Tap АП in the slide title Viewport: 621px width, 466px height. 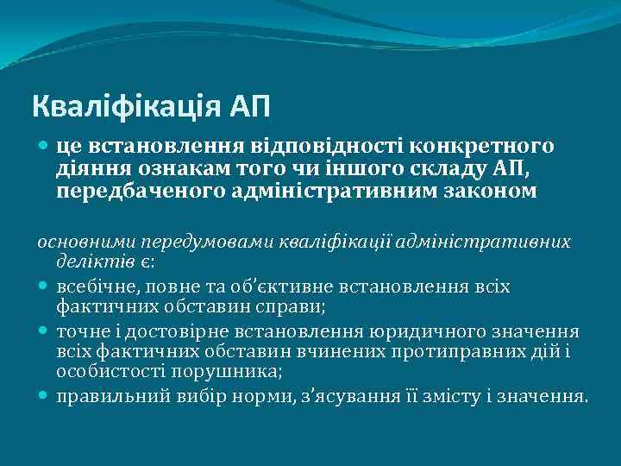pos(250,106)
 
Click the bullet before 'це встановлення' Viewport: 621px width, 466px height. pos(45,148)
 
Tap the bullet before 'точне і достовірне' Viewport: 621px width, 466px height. pos(45,332)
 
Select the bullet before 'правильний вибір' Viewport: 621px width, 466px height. pos(45,398)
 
